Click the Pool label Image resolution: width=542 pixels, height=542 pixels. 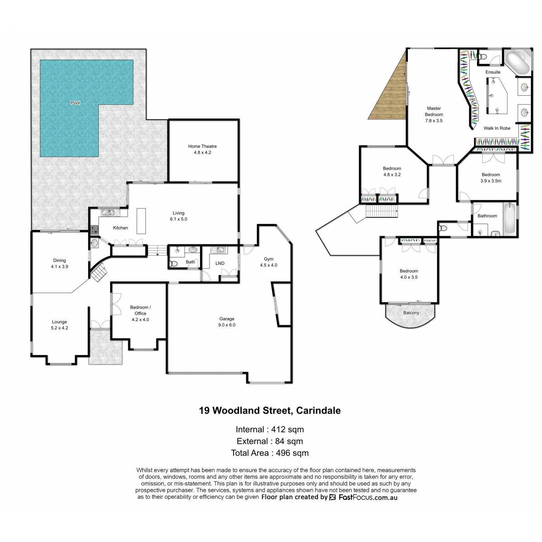[x=75, y=103]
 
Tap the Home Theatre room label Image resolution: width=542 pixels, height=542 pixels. [x=202, y=146]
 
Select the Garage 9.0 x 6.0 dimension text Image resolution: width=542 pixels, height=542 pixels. [x=227, y=325]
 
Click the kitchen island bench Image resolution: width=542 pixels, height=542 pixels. [x=141, y=221]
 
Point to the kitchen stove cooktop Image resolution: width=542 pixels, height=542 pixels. [x=94, y=230]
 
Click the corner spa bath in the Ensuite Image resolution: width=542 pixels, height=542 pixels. [x=517, y=63]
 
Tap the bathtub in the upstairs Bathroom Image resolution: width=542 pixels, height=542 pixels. [x=509, y=220]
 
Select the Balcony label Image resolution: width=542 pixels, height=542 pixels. [x=411, y=313]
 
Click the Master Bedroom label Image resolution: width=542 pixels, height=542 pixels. [x=434, y=112]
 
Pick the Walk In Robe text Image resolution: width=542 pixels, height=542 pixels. [x=497, y=128]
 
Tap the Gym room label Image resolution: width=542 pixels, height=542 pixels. [x=268, y=259]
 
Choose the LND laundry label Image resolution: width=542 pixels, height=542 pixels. [x=220, y=263]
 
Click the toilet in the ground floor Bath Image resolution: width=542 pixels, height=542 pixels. [x=173, y=264]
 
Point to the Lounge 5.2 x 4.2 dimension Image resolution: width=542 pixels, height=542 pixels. [x=59, y=327]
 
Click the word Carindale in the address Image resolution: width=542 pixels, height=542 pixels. [x=318, y=411]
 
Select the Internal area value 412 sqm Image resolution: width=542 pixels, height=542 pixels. [x=287, y=430]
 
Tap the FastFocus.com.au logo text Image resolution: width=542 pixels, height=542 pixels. [x=368, y=497]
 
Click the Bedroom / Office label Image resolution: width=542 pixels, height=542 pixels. [x=140, y=310]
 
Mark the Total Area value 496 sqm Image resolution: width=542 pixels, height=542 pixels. [x=292, y=453]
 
